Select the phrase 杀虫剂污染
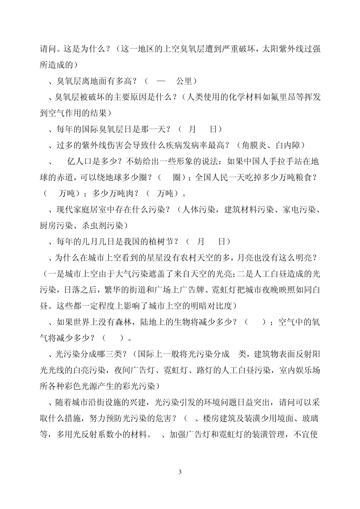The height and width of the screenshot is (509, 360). [x=102, y=226]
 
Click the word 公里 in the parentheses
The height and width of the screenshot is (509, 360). [x=185, y=81]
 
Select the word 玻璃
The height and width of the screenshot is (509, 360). [x=310, y=419]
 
